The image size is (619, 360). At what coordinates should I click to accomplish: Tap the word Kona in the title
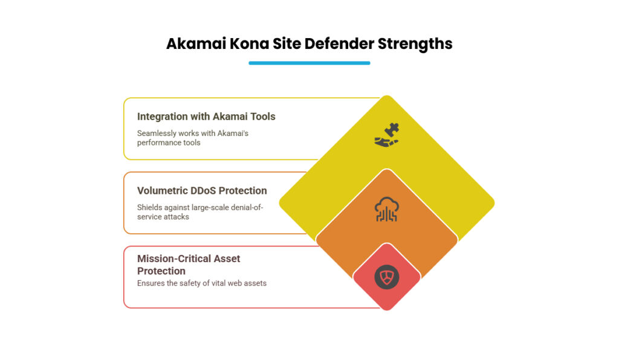[245, 44]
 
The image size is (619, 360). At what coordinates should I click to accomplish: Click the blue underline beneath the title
[309, 63]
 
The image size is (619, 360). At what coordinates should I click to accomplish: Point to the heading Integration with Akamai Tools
[206, 117]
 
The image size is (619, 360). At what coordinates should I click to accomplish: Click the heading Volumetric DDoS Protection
[202, 190]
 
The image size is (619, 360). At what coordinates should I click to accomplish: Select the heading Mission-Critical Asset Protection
[189, 265]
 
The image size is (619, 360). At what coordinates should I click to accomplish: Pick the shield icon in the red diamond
[386, 277]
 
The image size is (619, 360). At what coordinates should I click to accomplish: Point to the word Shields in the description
[149, 207]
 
